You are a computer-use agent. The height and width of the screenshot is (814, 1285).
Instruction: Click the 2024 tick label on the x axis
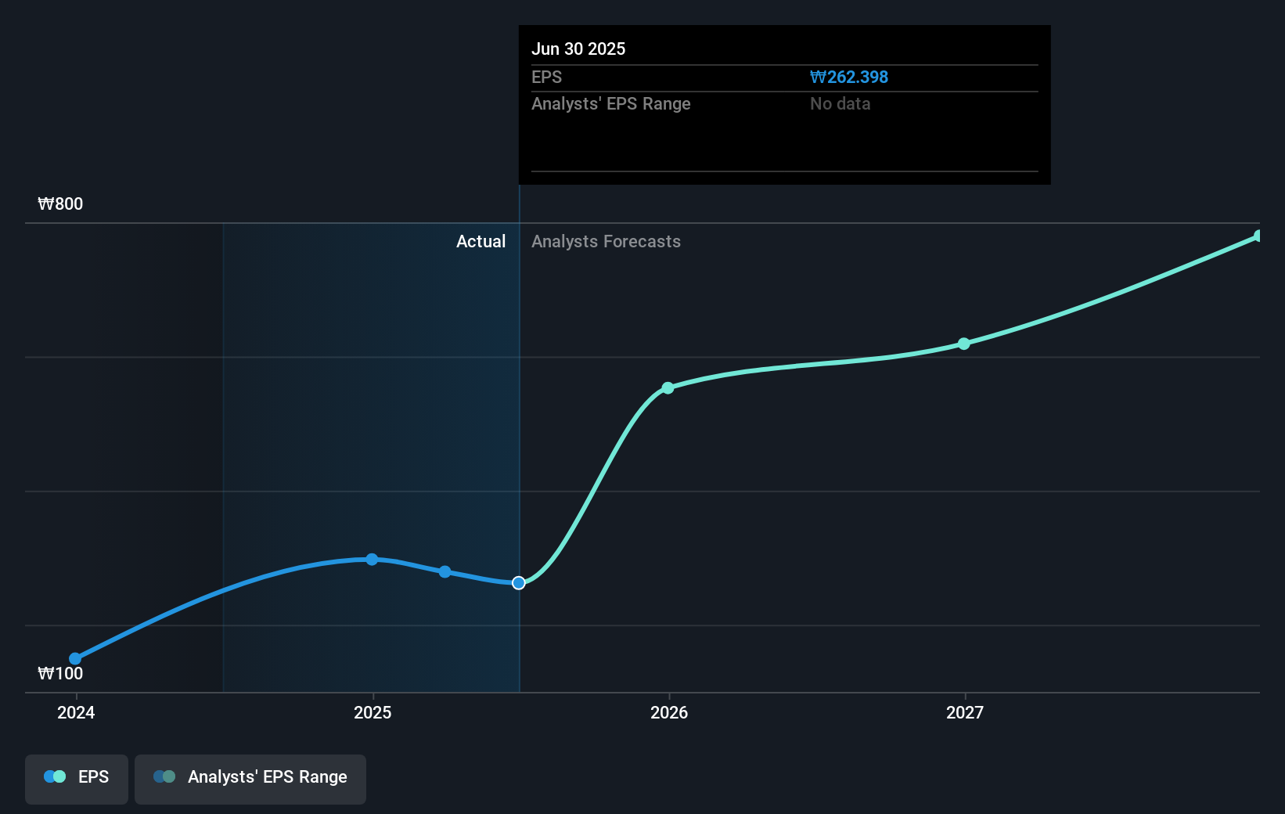click(x=76, y=712)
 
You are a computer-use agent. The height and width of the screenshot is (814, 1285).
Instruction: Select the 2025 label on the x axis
click(x=373, y=712)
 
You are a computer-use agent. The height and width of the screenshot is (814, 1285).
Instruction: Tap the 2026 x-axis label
click(x=669, y=712)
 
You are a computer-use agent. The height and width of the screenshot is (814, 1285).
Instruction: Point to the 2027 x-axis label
click(x=965, y=712)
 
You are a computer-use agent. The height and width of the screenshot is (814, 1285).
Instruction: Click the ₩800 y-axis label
click(x=60, y=204)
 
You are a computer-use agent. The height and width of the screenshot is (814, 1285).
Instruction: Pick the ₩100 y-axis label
click(x=60, y=674)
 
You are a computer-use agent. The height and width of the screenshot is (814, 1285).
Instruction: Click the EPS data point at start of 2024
click(x=75, y=659)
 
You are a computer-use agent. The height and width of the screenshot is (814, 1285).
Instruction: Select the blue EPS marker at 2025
click(x=372, y=560)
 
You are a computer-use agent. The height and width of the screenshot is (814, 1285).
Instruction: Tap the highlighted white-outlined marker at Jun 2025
click(x=519, y=583)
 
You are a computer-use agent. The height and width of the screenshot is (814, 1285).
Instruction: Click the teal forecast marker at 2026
click(x=668, y=388)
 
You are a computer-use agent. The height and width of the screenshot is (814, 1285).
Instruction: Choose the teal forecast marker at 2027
click(x=964, y=344)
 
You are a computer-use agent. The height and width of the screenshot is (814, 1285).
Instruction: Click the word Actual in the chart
click(x=481, y=242)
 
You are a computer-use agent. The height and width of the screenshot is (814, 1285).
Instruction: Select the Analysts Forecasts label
click(x=606, y=242)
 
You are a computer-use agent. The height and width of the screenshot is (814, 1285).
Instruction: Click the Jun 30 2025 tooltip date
click(x=578, y=49)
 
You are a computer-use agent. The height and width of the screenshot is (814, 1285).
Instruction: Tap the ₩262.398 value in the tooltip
click(x=849, y=77)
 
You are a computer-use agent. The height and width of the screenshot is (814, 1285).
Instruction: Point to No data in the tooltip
click(x=840, y=104)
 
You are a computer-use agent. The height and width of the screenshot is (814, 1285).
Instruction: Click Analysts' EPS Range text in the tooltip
click(x=610, y=104)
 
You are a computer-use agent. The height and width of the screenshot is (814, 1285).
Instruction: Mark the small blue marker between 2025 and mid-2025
click(x=445, y=572)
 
